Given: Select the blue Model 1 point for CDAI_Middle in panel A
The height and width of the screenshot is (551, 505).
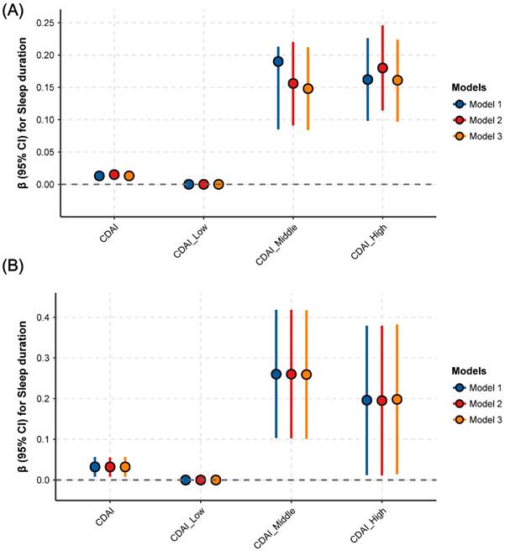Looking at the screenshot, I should pyautogui.click(x=278, y=61).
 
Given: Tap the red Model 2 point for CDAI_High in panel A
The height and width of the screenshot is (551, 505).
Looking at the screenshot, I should pyautogui.click(x=382, y=68).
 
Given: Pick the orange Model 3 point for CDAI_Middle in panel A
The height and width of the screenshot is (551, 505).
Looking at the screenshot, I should pyautogui.click(x=308, y=88).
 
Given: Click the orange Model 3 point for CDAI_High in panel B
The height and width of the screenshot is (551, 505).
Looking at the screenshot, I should pyautogui.click(x=397, y=399).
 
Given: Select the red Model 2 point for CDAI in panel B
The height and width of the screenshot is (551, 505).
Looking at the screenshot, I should pyautogui.click(x=110, y=466).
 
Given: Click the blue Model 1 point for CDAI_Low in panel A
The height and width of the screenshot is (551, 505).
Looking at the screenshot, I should pyautogui.click(x=189, y=184).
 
